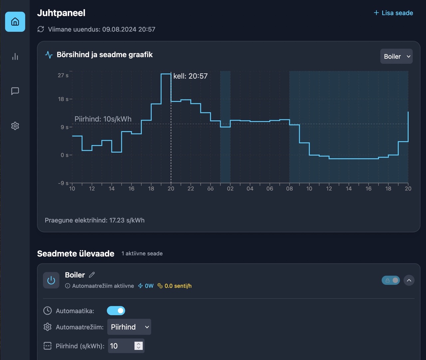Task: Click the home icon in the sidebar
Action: (15, 22)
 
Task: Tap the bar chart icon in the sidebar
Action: (15, 57)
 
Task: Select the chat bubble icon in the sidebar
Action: (15, 91)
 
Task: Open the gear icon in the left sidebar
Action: (15, 126)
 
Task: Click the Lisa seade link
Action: (393, 13)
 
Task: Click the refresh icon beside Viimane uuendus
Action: (41, 29)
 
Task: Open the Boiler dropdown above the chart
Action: (396, 57)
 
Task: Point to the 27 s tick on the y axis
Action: (63, 76)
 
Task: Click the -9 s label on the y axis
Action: (63, 183)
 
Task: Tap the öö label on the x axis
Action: (210, 189)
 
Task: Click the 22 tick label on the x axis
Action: (191, 189)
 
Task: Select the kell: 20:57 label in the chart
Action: (190, 76)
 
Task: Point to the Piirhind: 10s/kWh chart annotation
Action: (103, 119)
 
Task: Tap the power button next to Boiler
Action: (51, 280)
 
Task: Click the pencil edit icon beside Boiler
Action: (92, 275)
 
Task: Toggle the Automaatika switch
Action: (116, 311)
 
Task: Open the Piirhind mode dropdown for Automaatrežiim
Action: (129, 327)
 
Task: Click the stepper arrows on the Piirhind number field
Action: (138, 346)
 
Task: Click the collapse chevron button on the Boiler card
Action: (409, 280)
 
